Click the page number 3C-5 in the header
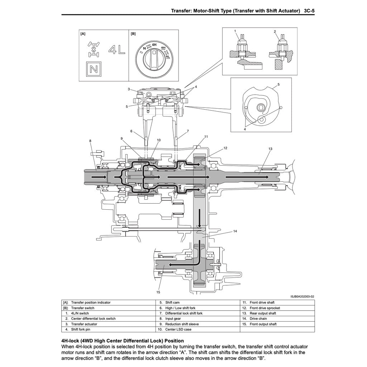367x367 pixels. click(309, 11)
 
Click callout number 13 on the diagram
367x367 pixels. click(270, 148)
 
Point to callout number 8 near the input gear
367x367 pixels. click(90, 141)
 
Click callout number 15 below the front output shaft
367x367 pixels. click(158, 292)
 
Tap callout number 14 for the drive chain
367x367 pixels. click(235, 231)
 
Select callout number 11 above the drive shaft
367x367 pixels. click(206, 137)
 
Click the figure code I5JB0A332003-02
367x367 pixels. click(302, 296)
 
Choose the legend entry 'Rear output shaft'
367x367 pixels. click(262, 313)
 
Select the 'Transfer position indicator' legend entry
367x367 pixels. click(91, 302)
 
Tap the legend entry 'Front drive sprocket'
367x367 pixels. click(264, 308)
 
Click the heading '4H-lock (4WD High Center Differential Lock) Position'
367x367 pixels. click(123, 341)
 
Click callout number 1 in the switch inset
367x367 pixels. click(235, 31)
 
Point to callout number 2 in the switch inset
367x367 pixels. click(275, 32)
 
